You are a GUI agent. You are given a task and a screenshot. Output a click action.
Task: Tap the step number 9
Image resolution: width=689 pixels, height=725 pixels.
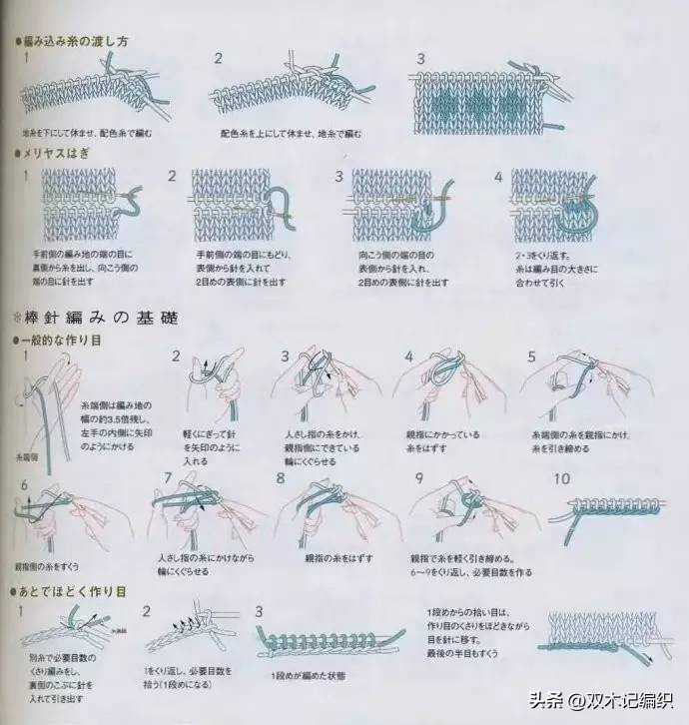tap(420, 477)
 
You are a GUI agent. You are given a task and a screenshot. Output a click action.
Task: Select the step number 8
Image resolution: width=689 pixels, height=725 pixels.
tap(281, 478)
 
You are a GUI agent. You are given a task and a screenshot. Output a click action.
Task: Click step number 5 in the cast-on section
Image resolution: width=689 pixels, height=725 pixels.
tap(531, 357)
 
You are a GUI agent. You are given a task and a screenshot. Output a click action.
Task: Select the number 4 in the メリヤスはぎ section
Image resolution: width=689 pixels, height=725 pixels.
tap(498, 176)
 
